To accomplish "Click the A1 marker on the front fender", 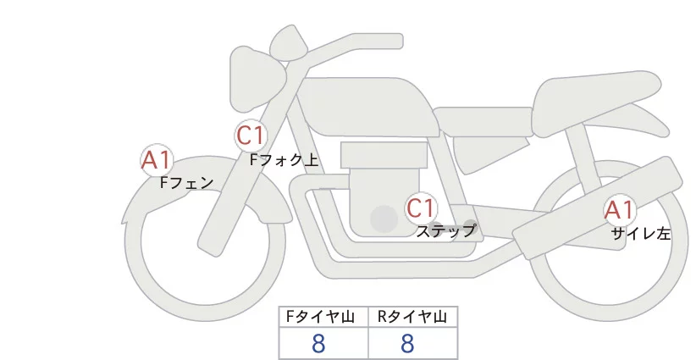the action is click(x=156, y=160).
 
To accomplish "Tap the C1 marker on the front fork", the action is click(x=251, y=136).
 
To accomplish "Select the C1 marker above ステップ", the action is click(x=421, y=208).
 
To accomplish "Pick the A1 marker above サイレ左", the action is click(x=619, y=211).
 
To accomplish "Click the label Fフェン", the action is click(x=186, y=181).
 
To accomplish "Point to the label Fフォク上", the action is click(x=284, y=158).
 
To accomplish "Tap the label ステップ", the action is click(x=445, y=230).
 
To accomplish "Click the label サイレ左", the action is click(x=641, y=233).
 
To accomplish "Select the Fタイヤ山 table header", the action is click(x=323, y=317).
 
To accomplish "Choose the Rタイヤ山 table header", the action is click(x=412, y=317).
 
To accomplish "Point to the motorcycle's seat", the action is click(x=593, y=97).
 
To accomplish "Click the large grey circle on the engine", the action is click(x=384, y=219).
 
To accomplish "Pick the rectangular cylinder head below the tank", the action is click(x=384, y=155).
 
